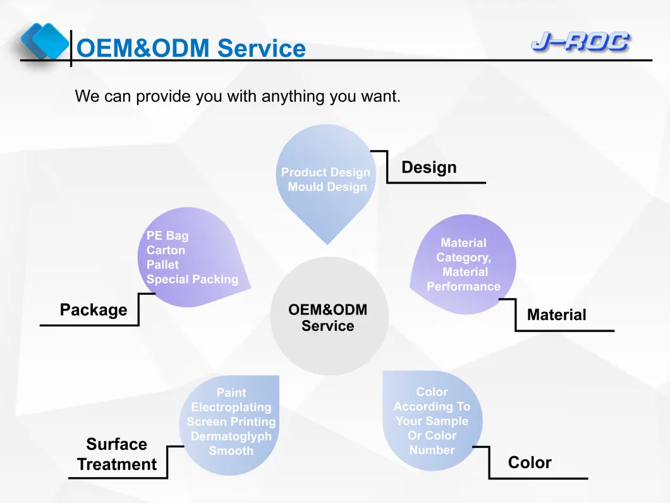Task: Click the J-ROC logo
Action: point(580,42)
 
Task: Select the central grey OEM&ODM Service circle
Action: point(329,316)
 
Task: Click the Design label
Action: point(429,168)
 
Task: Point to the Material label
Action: point(556,314)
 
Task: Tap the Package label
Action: point(94,310)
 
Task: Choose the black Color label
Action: point(530,463)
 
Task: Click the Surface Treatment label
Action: point(117,454)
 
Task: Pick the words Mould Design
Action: point(327,187)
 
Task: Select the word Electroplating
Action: point(231,407)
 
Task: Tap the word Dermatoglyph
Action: point(231,437)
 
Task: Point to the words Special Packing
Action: point(192,280)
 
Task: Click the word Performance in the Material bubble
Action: point(463,287)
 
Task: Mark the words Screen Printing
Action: point(231,422)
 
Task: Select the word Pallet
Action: point(162,265)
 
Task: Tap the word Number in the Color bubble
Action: point(432,450)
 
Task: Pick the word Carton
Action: point(166,251)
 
